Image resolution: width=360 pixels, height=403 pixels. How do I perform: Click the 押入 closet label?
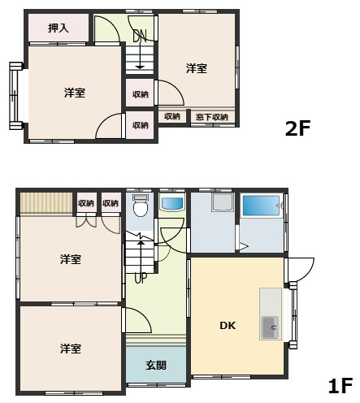tap(58, 28)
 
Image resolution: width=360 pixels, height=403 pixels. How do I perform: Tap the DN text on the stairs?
tap(140, 35)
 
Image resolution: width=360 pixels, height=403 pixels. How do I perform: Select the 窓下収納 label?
tap(211, 117)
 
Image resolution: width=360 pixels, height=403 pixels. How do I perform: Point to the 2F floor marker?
tap(297, 128)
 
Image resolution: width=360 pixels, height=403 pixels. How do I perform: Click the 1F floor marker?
tap(339, 384)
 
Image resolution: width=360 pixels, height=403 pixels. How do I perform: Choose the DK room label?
tap(228, 326)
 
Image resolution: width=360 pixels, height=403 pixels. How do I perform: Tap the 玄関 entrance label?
tap(156, 365)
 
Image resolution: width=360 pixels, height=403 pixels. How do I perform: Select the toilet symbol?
tap(140, 207)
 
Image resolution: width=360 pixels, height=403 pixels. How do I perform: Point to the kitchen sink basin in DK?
tap(269, 329)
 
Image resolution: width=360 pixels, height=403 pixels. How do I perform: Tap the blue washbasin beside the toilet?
tap(171, 203)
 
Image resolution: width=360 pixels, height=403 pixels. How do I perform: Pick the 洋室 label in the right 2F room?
tap(195, 69)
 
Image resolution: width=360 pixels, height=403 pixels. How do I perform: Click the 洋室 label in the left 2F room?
tap(75, 93)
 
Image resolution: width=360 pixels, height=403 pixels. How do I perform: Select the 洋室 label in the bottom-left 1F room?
tap(70, 349)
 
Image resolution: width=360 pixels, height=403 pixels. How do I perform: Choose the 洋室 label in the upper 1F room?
tap(70, 260)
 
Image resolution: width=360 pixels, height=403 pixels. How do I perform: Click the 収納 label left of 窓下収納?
tap(171, 117)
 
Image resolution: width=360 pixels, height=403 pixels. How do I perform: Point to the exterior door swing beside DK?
tap(300, 270)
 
